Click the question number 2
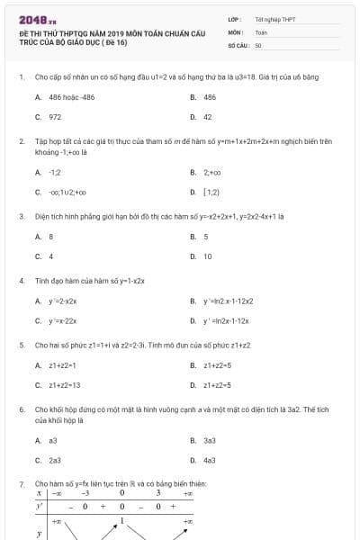[x=21, y=141]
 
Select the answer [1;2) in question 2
[x=211, y=192]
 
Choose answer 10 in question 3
[x=208, y=256]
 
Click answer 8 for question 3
[x=51, y=237]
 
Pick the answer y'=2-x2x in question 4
[x=62, y=301]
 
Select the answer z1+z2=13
[x=64, y=385]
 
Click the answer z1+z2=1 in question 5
[x=62, y=365]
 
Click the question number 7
[x=21, y=484]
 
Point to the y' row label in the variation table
[x=40, y=506]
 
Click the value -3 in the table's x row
[x=85, y=493]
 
